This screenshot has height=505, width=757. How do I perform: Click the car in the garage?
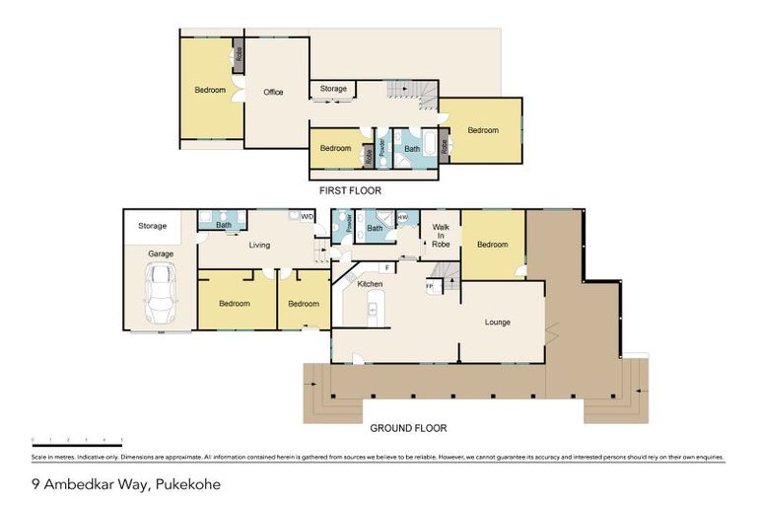(160, 293)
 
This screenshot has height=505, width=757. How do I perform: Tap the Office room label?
(273, 93)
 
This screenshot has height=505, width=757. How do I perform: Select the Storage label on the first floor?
(333, 89)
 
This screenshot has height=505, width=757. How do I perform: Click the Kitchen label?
(370, 284)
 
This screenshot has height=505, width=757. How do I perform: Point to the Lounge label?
(498, 322)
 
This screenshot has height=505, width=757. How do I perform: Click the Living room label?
(259, 245)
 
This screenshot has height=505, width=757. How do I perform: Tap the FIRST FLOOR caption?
(350, 189)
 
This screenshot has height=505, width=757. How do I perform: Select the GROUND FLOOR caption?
(408, 429)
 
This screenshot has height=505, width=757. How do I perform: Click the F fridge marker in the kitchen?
(387, 266)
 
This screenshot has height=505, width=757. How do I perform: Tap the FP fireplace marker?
(429, 286)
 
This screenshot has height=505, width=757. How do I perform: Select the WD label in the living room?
(307, 217)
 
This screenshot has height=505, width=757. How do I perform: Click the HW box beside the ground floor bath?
(402, 217)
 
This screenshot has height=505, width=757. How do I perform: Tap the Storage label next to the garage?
(152, 226)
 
